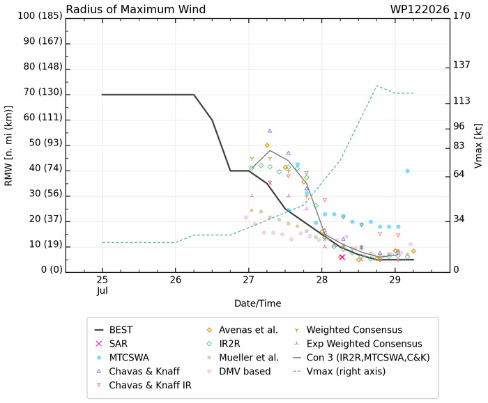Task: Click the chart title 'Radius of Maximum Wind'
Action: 136,9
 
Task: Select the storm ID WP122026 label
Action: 420,9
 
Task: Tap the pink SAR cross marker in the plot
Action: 342,257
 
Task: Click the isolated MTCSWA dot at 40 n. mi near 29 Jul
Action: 407,171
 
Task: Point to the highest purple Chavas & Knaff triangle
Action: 270,131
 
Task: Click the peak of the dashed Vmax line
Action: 376,86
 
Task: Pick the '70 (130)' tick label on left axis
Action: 43,92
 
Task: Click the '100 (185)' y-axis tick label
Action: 40,15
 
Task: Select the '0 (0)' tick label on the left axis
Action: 52,269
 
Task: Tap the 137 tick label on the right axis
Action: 462,65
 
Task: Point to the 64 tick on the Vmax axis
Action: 459,174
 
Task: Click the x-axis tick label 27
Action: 249,280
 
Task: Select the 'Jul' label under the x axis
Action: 102,291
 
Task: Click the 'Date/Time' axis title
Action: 258,303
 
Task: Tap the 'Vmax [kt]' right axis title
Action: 478,146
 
